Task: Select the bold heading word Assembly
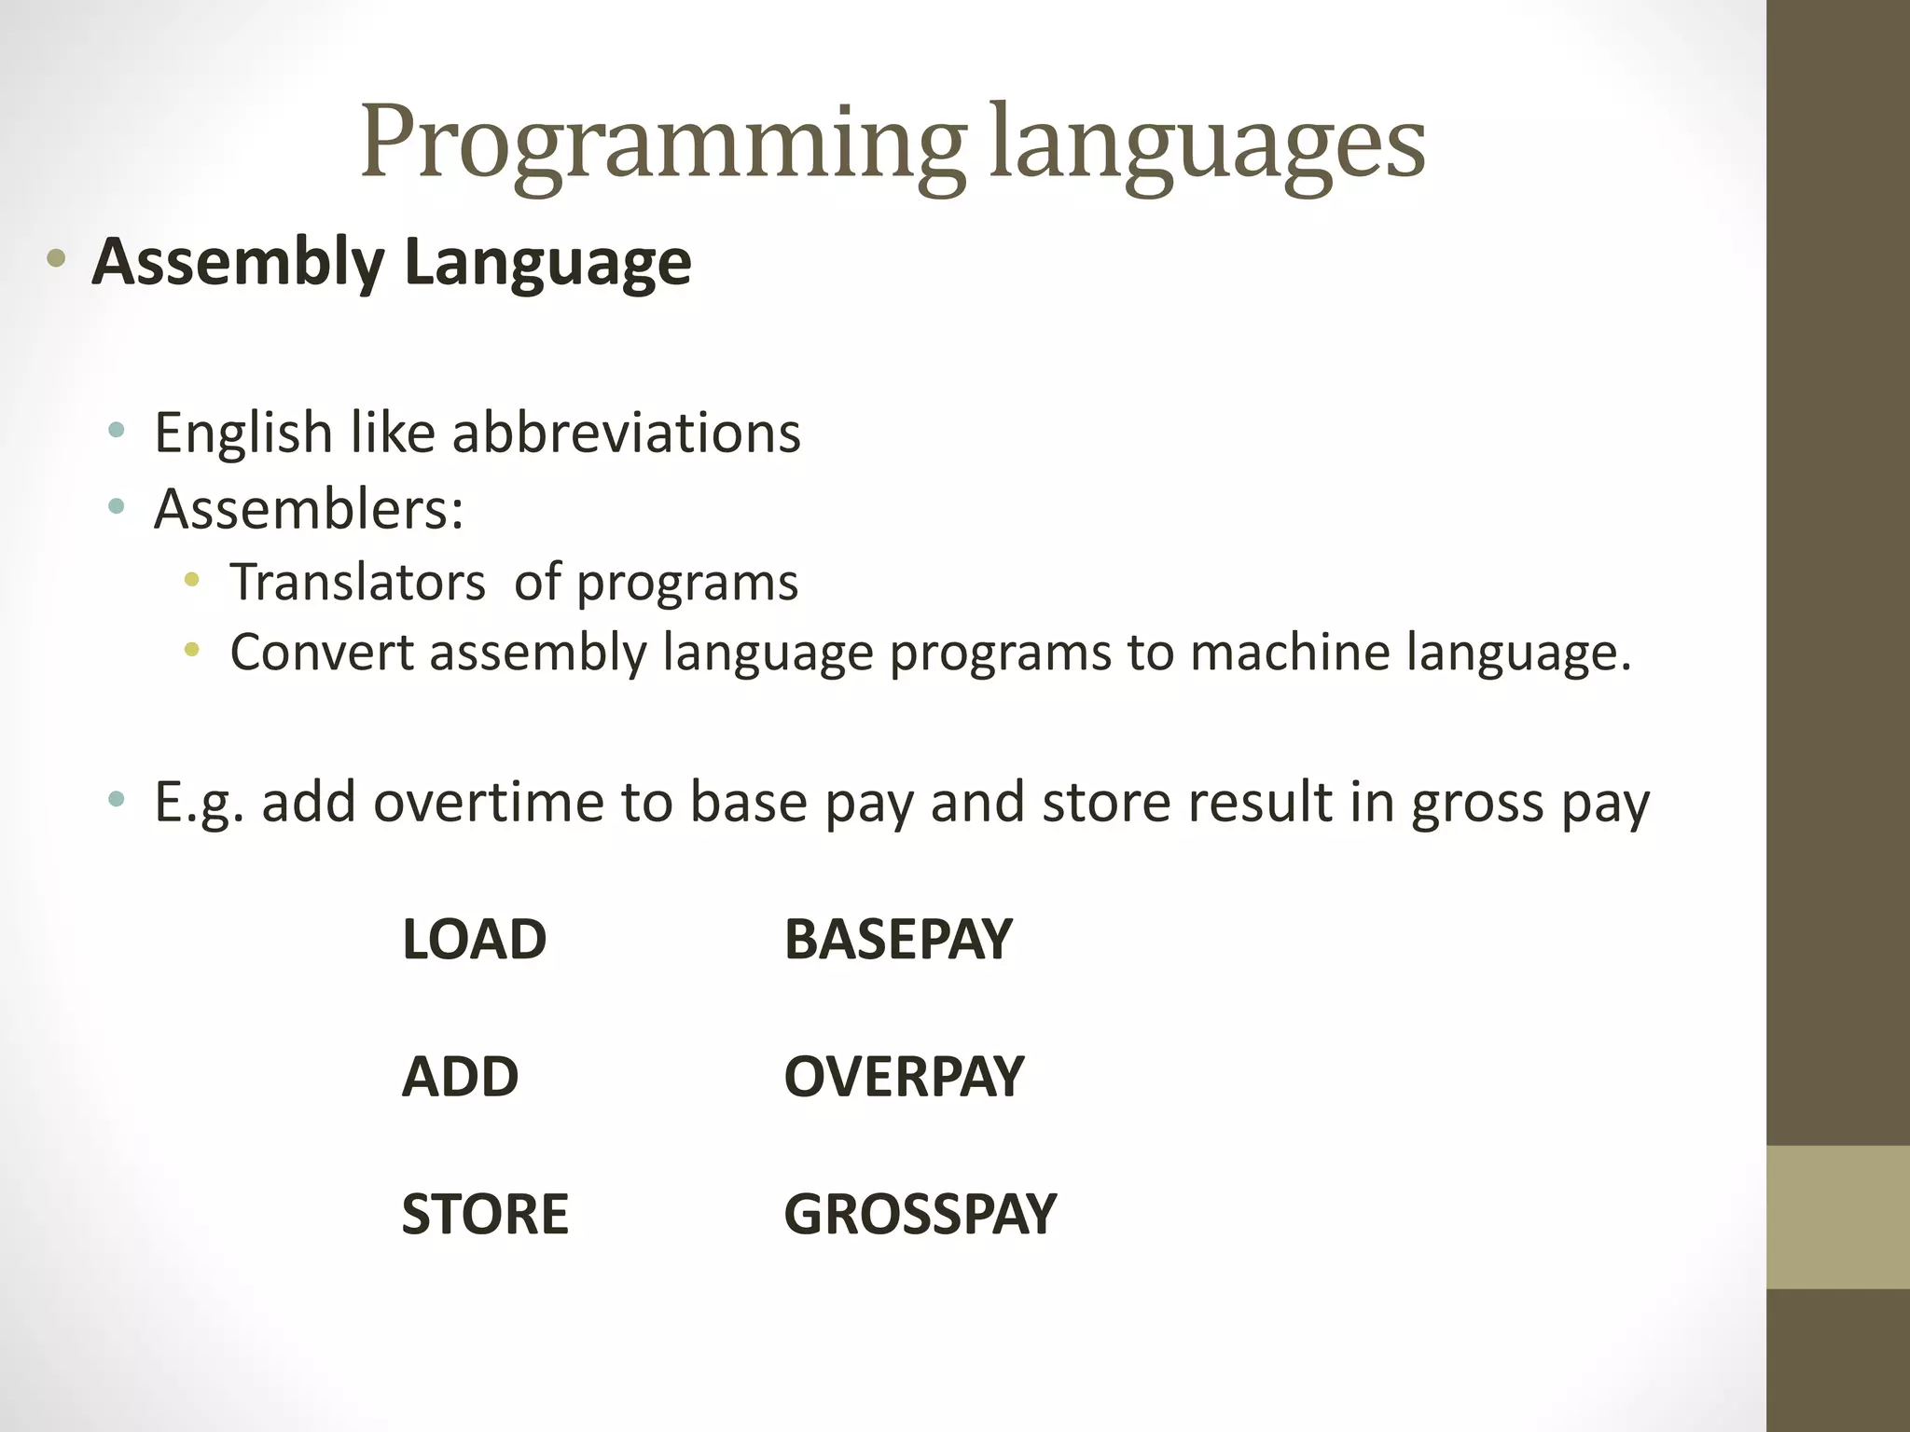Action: point(238,262)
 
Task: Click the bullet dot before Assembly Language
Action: point(56,260)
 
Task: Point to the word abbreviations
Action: point(626,434)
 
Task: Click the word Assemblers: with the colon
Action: point(309,510)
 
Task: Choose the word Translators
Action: point(358,583)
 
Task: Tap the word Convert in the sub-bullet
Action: point(322,652)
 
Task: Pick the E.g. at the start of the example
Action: point(200,803)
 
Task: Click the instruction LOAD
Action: point(474,940)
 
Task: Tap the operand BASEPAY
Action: point(897,940)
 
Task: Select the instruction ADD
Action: point(460,1077)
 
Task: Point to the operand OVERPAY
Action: point(904,1077)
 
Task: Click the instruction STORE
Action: point(485,1215)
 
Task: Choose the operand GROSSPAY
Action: point(920,1215)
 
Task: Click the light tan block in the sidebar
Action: point(1837,1217)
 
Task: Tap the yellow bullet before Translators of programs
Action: point(192,581)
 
